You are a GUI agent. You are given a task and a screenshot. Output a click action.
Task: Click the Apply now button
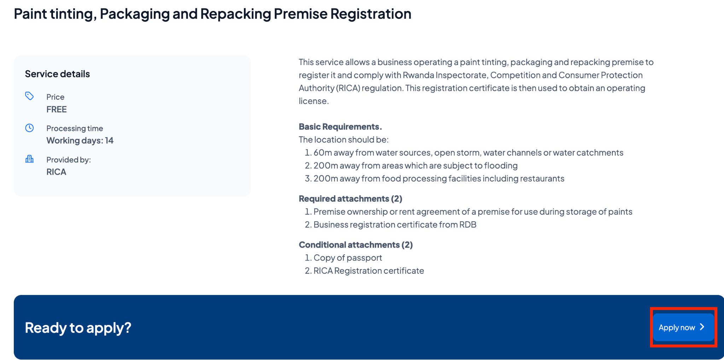(683, 327)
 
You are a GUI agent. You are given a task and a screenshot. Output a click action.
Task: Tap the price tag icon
(29, 96)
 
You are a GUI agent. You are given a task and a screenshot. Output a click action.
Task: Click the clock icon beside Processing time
(29, 128)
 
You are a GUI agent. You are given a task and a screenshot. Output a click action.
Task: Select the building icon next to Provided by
(29, 159)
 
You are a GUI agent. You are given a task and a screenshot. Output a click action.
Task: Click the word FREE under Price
(57, 110)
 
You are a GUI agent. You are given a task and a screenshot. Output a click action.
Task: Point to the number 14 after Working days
(109, 141)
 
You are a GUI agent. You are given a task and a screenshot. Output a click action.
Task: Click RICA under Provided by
(56, 172)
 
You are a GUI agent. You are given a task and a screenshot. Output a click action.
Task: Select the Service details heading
(57, 74)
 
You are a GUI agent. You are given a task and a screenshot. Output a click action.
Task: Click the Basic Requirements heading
(340, 127)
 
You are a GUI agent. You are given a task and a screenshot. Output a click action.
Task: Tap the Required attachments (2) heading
(350, 199)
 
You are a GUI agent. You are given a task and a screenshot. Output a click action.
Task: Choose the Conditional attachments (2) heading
(356, 245)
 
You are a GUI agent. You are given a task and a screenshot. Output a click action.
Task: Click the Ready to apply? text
(78, 328)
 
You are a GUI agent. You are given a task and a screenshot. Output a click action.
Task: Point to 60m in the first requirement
(323, 153)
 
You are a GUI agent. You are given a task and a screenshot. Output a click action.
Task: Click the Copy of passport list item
(348, 258)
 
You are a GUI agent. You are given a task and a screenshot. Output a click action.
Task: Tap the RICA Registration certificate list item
(368, 271)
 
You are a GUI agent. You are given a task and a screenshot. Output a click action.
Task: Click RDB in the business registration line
(467, 225)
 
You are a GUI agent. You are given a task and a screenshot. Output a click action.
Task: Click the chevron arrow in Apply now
(702, 327)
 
